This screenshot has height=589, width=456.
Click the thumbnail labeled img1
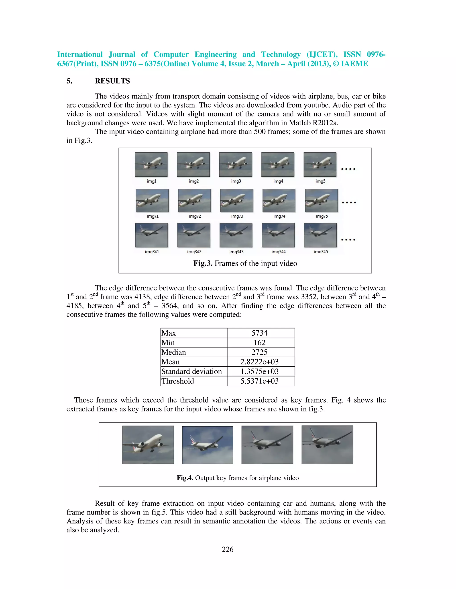coord(151,164)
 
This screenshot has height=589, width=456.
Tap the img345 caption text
coord(321,252)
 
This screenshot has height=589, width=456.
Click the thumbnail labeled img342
coord(194,235)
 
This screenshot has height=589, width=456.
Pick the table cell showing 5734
coord(259,333)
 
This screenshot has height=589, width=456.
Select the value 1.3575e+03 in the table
coord(259,371)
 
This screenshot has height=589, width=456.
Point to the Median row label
coord(174,352)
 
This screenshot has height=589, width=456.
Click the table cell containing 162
coord(259,343)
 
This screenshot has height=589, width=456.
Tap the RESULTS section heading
coord(112,81)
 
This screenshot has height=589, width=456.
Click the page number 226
coord(228,549)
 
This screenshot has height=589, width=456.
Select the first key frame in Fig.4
coord(148,445)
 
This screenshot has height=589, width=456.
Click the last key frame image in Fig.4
coord(327,445)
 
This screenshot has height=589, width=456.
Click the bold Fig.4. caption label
coord(185,478)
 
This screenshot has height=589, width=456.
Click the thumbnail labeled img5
coord(320,164)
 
